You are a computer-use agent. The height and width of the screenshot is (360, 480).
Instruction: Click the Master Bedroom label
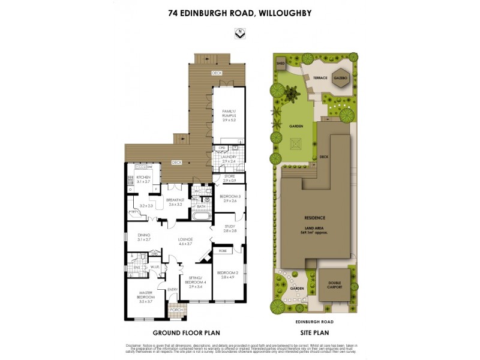(146, 297)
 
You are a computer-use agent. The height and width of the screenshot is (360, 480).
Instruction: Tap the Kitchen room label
(143, 178)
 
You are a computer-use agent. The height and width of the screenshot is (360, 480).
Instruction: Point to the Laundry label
(229, 159)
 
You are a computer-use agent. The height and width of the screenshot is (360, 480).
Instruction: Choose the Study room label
(230, 228)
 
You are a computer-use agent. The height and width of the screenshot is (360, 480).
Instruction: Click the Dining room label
(143, 237)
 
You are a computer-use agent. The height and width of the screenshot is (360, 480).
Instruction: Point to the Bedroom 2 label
(229, 275)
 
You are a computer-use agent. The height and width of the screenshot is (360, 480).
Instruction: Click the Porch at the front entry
(176, 310)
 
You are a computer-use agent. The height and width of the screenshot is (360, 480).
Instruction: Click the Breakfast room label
(175, 202)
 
